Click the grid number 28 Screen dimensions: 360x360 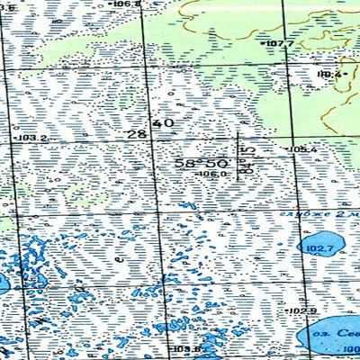pyautogui.click(x=137, y=134)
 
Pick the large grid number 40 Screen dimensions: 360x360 pyautogui.click(x=164, y=123)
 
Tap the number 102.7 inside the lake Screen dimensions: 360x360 pyautogui.click(x=319, y=249)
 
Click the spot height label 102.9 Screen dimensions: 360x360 pyautogui.click(x=304, y=310)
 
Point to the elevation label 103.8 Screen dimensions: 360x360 pyautogui.click(x=185, y=349)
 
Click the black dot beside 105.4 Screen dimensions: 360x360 pyautogui.click(x=287, y=149)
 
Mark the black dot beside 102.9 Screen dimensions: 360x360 pyautogui.click(x=288, y=310)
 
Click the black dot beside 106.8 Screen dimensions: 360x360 pyautogui.click(x=112, y=4)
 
